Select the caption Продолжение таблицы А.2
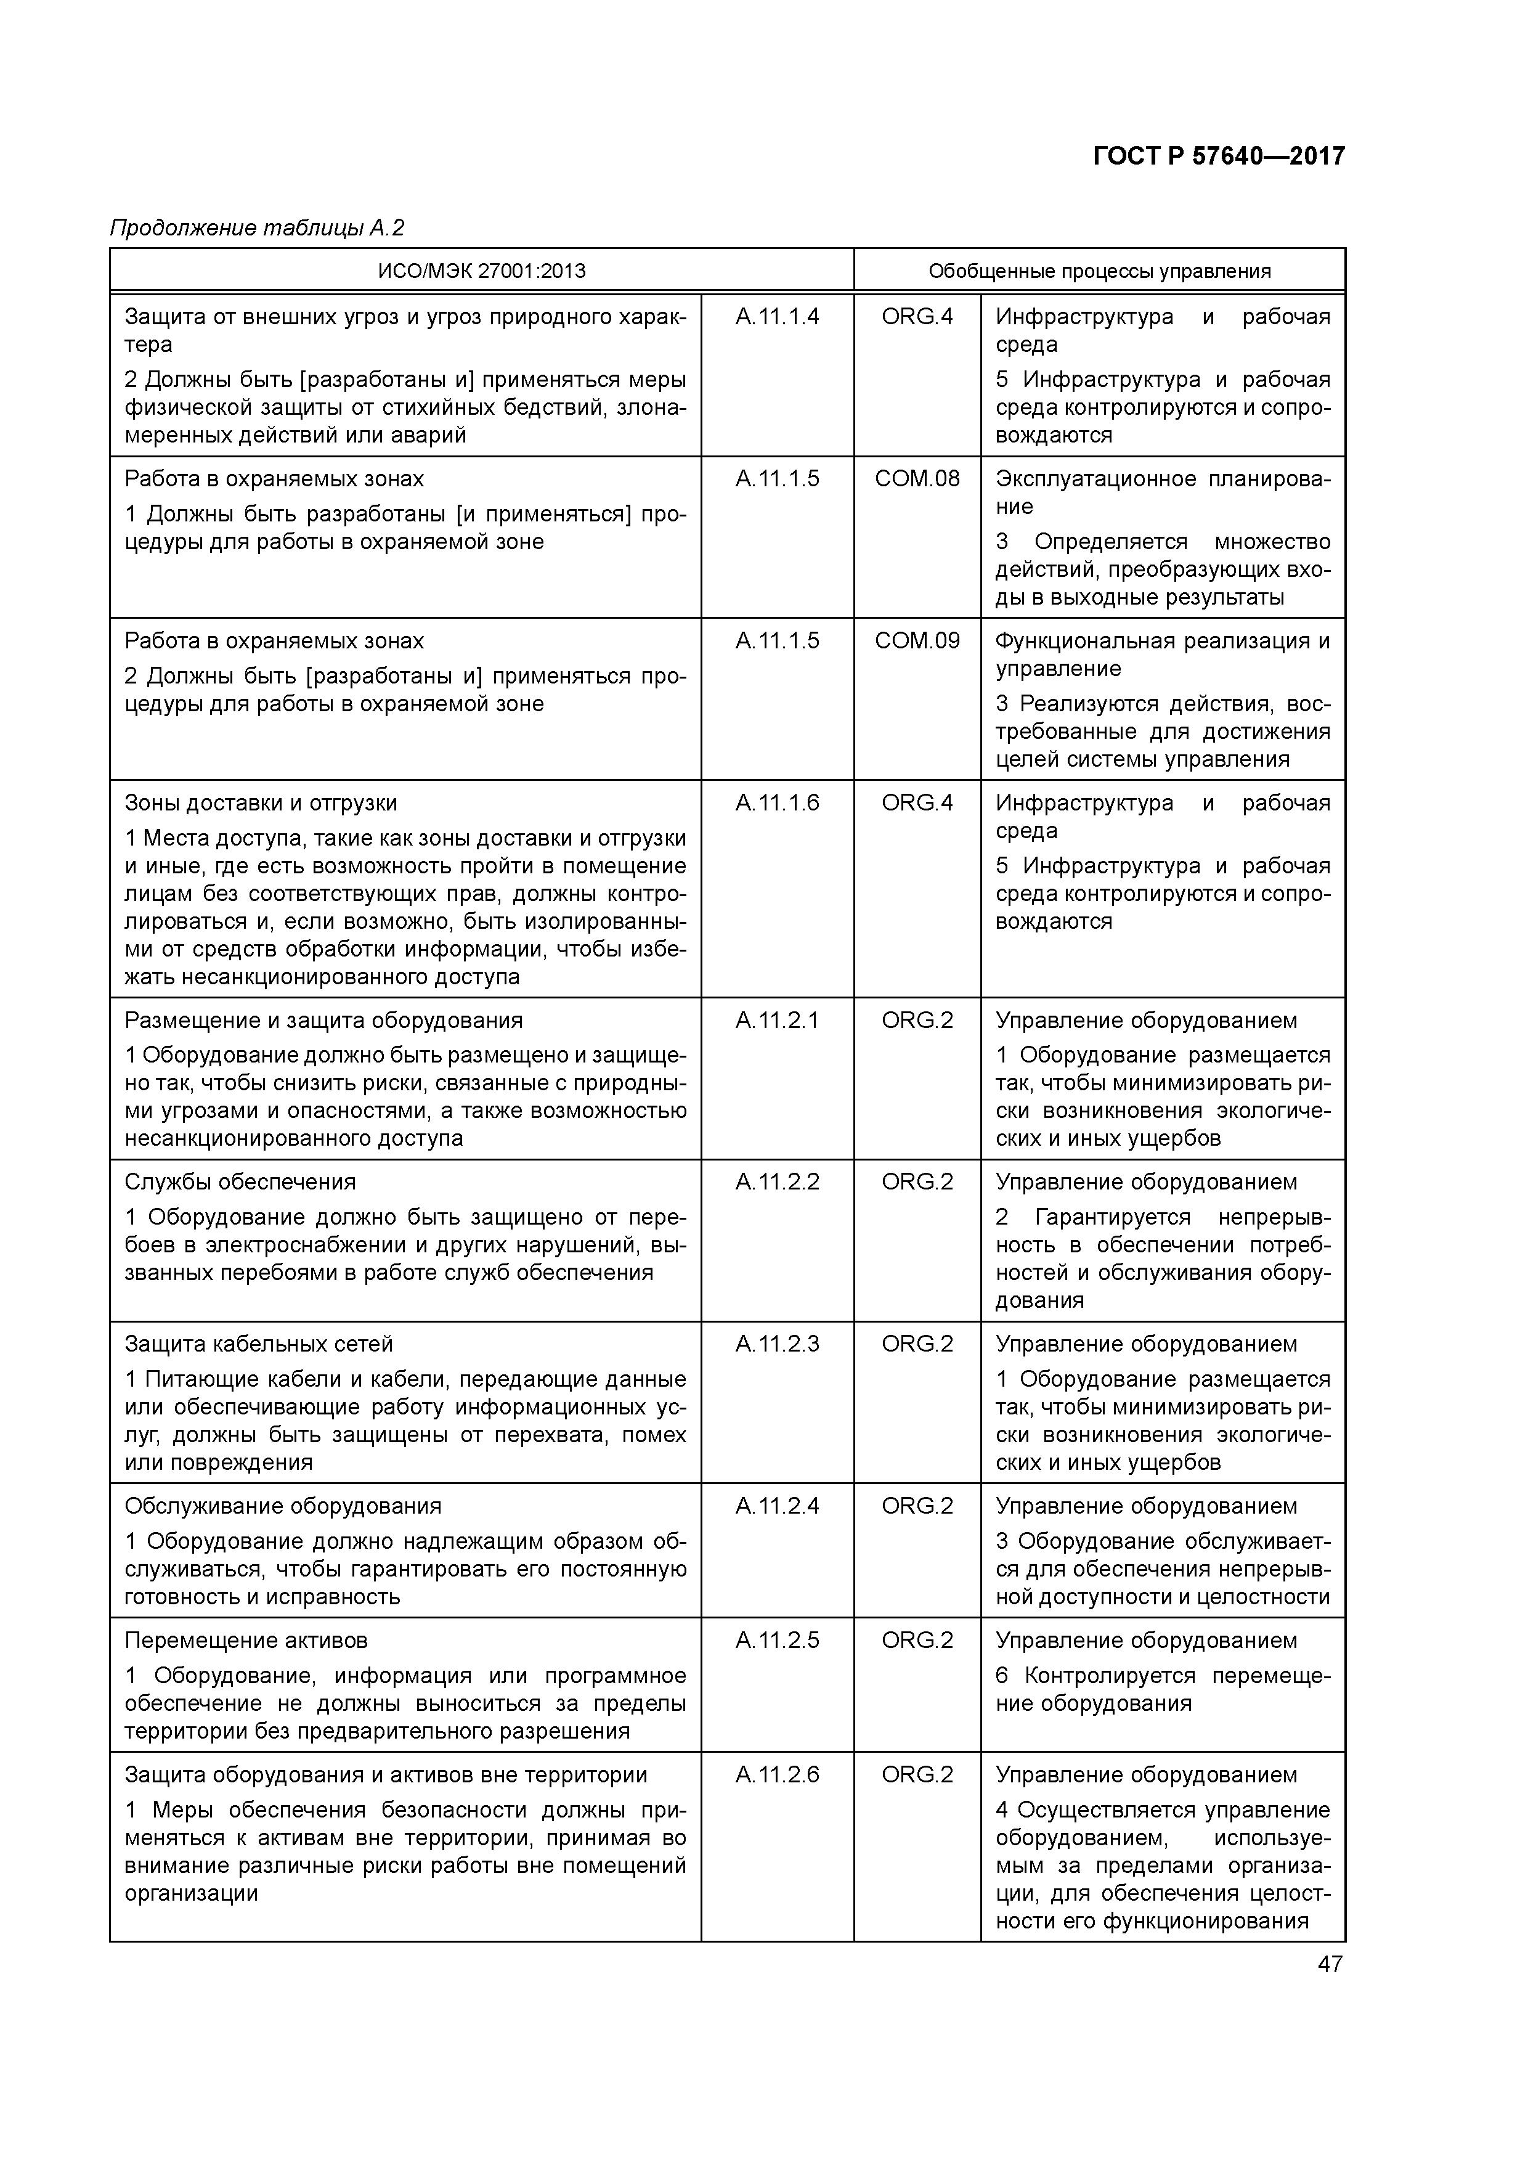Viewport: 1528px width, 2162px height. (257, 228)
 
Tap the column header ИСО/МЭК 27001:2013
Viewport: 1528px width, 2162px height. (481, 271)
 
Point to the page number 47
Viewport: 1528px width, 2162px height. (1330, 1964)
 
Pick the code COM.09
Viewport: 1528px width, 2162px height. (916, 641)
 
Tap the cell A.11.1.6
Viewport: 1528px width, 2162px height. (777, 803)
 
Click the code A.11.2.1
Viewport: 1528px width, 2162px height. (777, 1021)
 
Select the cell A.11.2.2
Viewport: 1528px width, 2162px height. (777, 1181)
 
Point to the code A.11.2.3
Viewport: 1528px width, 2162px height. (777, 1344)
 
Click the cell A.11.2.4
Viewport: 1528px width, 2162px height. (777, 1506)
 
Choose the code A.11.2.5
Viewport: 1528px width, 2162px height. (777, 1641)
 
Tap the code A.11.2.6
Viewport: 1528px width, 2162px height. (777, 1775)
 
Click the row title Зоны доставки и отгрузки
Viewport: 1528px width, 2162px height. (261, 803)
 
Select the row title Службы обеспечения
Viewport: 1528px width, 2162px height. (240, 1181)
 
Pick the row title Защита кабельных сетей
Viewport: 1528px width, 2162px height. (259, 1344)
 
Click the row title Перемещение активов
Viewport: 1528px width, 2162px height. (246, 1641)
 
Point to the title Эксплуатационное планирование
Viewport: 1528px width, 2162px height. (1162, 492)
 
